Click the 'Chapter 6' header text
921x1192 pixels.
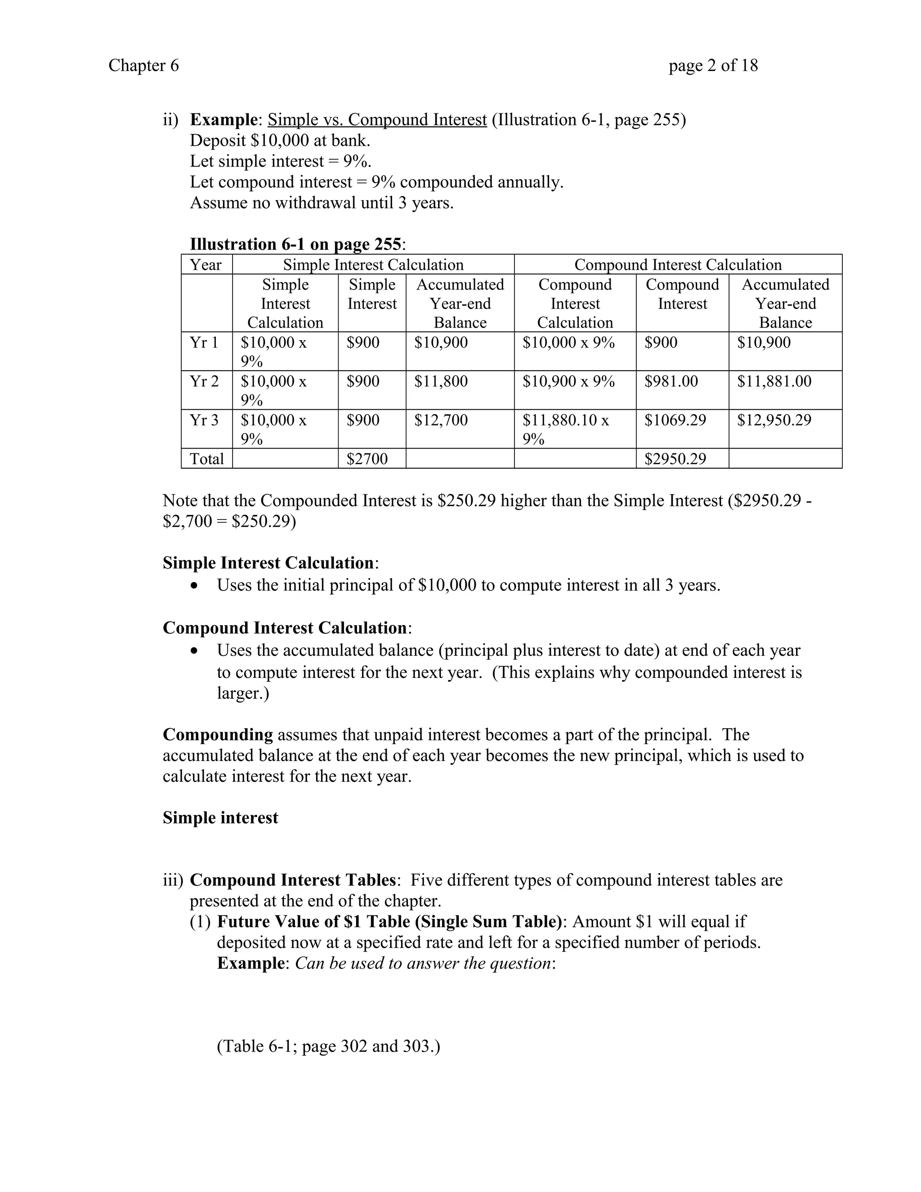point(143,66)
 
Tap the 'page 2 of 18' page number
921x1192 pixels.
point(713,66)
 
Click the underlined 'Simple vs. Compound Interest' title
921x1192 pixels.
point(377,120)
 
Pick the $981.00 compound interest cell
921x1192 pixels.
point(671,381)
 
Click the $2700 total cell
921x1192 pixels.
point(367,459)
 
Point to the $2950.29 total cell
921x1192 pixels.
point(675,459)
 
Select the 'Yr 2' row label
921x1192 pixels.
point(204,381)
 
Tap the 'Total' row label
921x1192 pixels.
point(207,459)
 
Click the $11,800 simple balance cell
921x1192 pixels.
point(441,381)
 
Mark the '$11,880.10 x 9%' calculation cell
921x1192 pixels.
point(565,429)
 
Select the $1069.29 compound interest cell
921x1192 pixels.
point(675,420)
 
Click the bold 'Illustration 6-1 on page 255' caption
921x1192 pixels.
point(295,244)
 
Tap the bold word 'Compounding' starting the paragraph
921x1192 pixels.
point(218,735)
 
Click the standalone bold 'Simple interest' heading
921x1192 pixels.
point(220,818)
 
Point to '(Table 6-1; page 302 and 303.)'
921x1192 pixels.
point(328,1046)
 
